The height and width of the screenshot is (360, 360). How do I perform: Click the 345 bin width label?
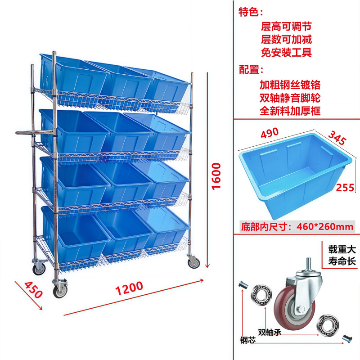pyautogui.click(x=337, y=137)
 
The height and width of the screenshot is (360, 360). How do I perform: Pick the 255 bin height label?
pyautogui.click(x=345, y=187)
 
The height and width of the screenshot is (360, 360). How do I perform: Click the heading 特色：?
pyautogui.click(x=251, y=12)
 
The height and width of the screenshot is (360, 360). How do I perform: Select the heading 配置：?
pyautogui.click(x=251, y=70)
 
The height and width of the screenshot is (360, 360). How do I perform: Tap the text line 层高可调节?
pyautogui.click(x=286, y=27)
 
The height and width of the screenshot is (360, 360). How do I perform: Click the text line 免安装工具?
pyautogui.click(x=286, y=53)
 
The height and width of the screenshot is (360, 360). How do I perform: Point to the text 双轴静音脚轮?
pyautogui.click(x=290, y=98)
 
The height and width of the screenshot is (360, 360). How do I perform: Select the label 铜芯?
pyautogui.click(x=247, y=341)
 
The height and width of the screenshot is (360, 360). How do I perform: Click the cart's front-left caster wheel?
pyautogui.click(x=60, y=290)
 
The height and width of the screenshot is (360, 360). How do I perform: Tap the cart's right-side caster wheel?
pyautogui.click(x=193, y=262)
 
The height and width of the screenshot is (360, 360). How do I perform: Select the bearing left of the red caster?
pyautogui.click(x=261, y=294)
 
